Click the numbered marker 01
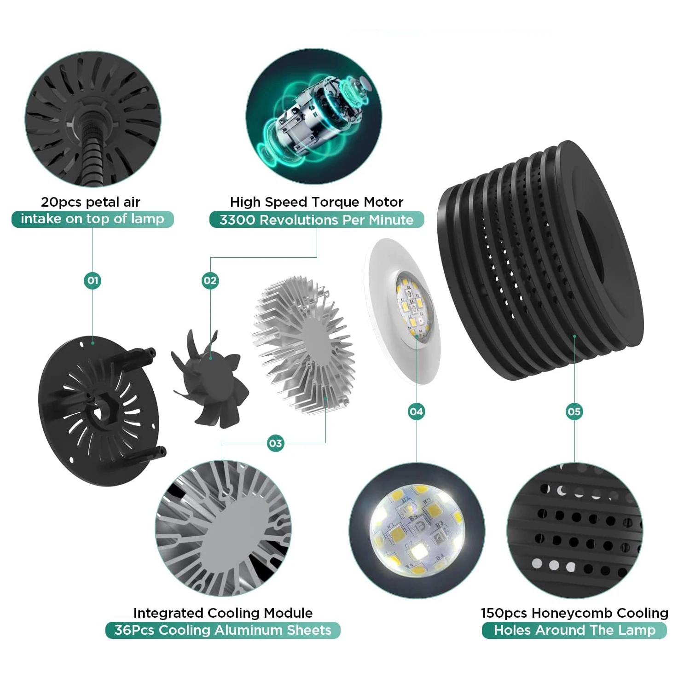point(93,280)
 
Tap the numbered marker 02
point(210,280)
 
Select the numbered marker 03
point(276,443)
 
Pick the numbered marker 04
point(417,411)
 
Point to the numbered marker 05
point(574,411)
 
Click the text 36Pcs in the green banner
point(134,630)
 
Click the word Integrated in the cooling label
point(168,613)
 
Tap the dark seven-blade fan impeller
point(210,378)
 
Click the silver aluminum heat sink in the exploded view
point(303,345)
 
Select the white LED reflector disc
point(402,311)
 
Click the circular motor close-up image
point(313,116)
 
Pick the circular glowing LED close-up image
point(417,531)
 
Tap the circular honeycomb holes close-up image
point(574,531)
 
